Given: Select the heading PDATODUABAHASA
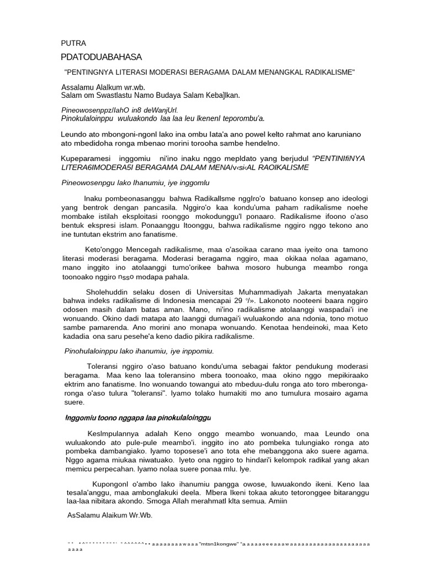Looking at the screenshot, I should pos(101,57).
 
